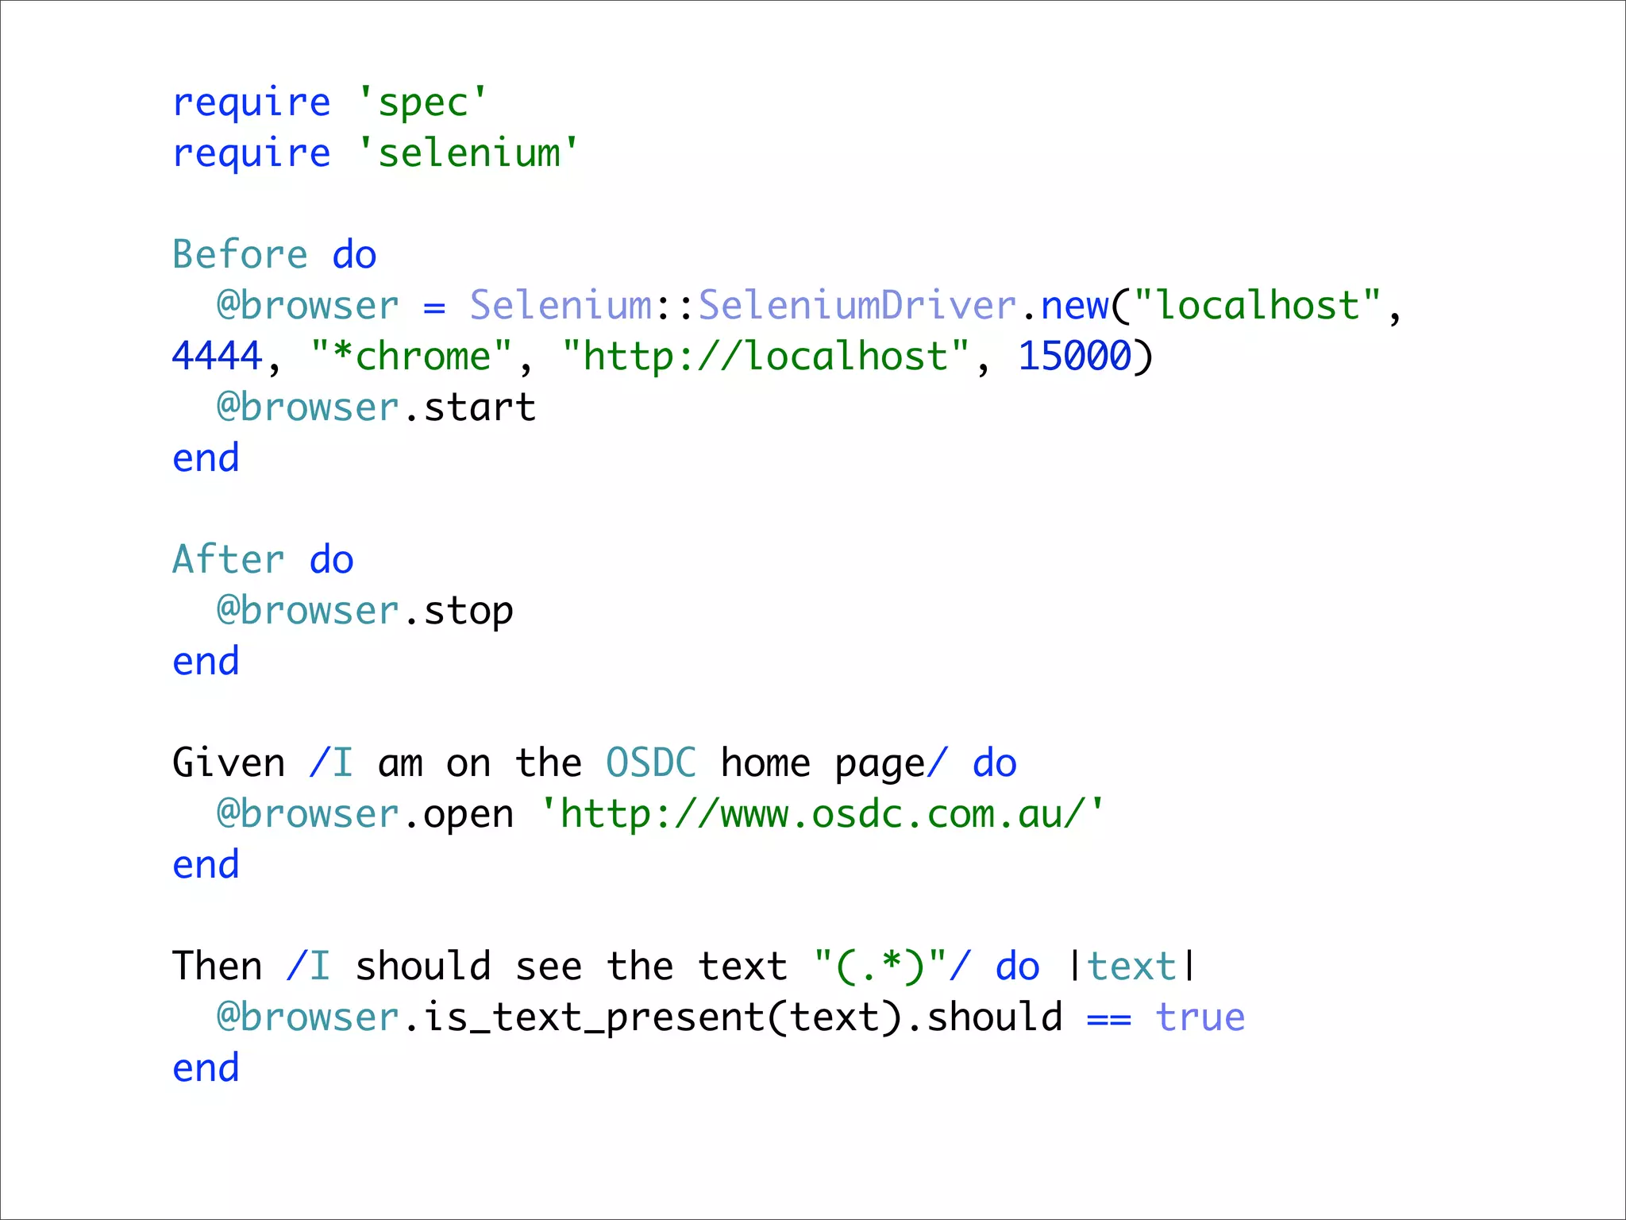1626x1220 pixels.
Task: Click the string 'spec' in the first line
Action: tap(422, 103)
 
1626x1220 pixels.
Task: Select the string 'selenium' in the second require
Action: tap(468, 153)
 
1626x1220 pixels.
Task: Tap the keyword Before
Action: tap(240, 256)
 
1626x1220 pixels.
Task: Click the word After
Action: tap(229, 560)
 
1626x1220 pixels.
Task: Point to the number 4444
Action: tap(217, 357)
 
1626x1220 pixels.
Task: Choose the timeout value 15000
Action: tap(1074, 357)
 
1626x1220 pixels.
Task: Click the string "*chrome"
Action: tap(411, 357)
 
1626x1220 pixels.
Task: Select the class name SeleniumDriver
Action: tap(857, 306)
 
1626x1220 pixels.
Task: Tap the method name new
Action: tap(1074, 306)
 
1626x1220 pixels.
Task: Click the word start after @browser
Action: tap(480, 407)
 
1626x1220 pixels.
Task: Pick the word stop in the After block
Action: tap(468, 611)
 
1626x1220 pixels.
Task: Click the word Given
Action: tap(229, 763)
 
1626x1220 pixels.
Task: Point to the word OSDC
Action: tap(651, 763)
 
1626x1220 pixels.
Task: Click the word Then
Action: tap(217, 967)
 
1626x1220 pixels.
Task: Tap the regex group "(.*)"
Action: tap(880, 967)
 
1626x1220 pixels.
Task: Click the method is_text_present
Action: tap(594, 1017)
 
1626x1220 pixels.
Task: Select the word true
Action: tap(1200, 1017)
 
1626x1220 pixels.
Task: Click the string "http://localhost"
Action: tap(765, 357)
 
